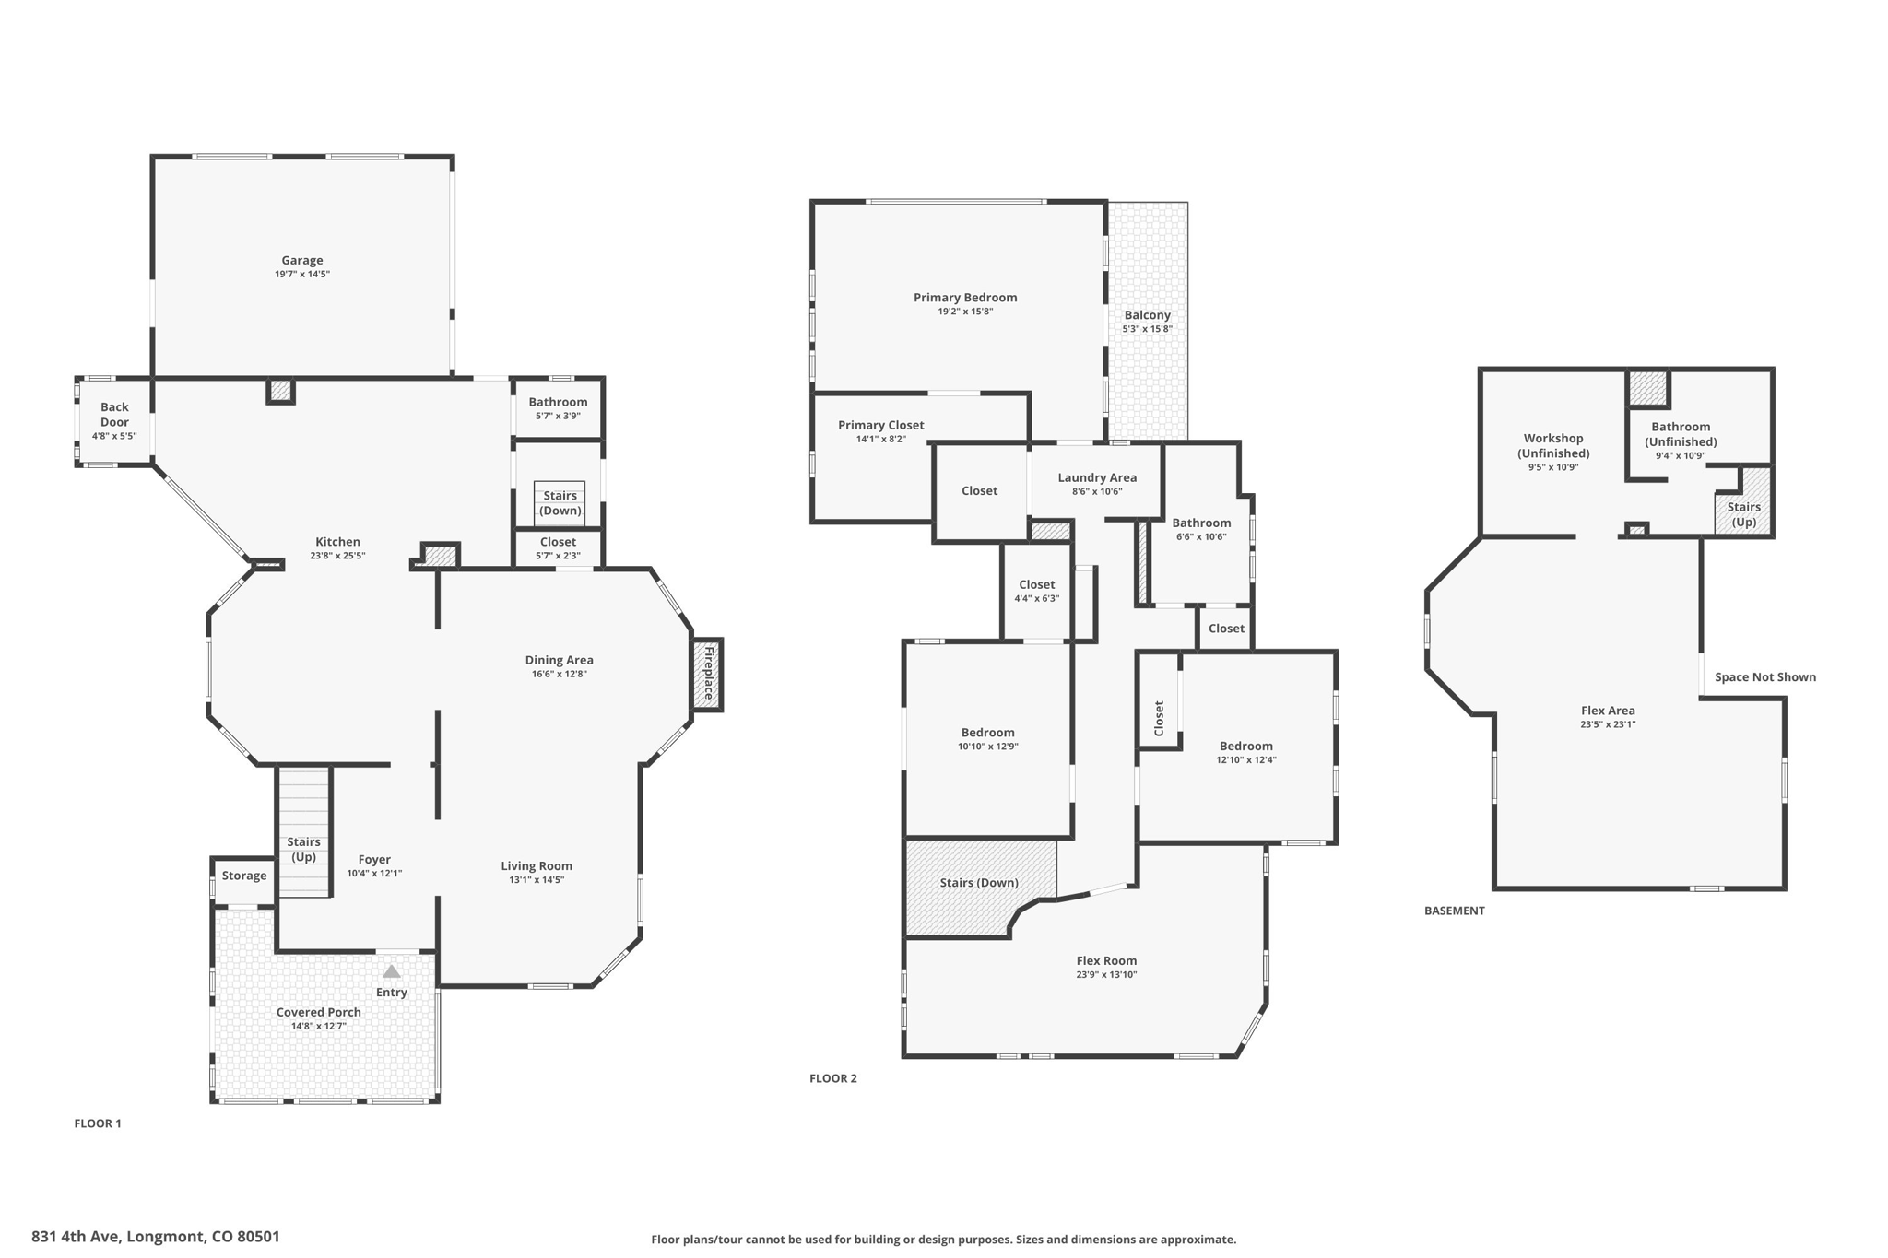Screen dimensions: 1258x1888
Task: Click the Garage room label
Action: (x=302, y=261)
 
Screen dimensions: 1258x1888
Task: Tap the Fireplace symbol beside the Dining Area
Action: (x=708, y=675)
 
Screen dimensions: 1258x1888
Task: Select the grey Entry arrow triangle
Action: (x=392, y=971)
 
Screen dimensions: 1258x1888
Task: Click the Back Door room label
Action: (x=114, y=415)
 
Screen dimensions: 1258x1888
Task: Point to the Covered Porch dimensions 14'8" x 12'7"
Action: (x=319, y=1026)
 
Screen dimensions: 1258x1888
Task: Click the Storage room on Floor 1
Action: (x=244, y=876)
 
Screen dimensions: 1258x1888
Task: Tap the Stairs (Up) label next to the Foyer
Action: (x=303, y=849)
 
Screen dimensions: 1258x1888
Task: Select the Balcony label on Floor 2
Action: (x=1147, y=315)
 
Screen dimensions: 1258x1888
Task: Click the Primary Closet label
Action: (x=880, y=425)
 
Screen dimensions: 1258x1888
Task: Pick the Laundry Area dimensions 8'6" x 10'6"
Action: (x=1096, y=491)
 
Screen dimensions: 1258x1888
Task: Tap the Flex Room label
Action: (x=1106, y=960)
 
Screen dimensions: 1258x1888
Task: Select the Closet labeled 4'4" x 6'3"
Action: (x=1036, y=591)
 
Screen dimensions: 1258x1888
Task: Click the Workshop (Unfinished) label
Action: (x=1553, y=446)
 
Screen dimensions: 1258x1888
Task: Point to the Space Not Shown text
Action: (x=1764, y=677)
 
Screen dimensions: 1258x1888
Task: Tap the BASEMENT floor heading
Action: (x=1454, y=911)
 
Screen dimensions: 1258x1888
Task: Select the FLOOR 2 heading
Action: (x=832, y=1078)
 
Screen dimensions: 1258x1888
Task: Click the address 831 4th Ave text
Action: (x=156, y=1237)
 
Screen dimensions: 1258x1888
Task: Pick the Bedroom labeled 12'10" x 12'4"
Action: (x=1245, y=752)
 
